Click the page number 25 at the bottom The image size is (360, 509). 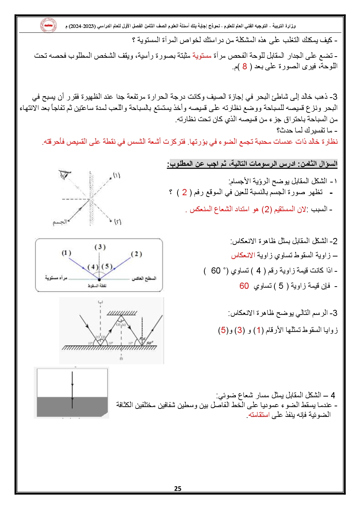click(x=177, y=488)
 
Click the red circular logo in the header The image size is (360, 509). click(x=48, y=26)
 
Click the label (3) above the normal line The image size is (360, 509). click(x=100, y=247)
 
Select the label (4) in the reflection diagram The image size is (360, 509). click(x=93, y=267)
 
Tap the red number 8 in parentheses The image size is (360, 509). click(x=245, y=66)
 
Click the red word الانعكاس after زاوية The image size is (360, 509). click(x=243, y=255)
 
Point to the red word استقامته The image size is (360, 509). click(x=259, y=415)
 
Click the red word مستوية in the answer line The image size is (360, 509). click(x=202, y=56)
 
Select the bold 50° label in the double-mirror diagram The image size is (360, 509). click(x=150, y=342)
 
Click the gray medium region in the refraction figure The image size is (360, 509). click(x=72, y=406)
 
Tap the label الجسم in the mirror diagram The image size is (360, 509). click(x=60, y=222)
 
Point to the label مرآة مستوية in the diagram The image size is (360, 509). click(x=56, y=278)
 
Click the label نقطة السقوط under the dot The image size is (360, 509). click(x=97, y=286)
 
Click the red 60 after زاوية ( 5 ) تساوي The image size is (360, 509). click(x=244, y=286)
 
